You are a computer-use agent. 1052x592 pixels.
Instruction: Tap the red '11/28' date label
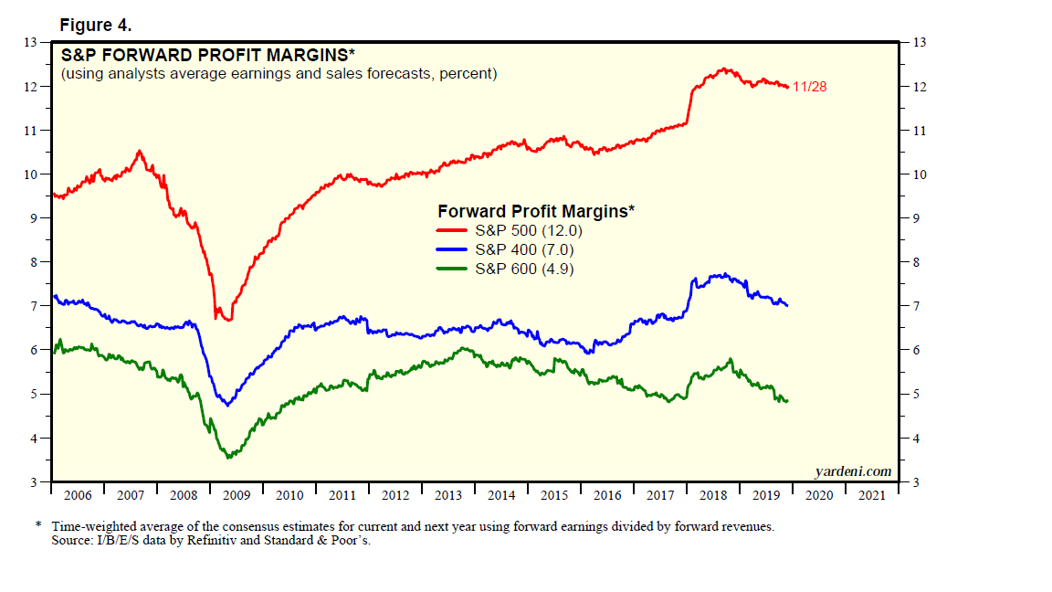(810, 87)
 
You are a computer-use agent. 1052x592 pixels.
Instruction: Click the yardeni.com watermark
(852, 471)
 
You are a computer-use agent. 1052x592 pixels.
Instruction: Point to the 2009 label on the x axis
(237, 495)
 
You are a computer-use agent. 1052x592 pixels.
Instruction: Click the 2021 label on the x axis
(872, 495)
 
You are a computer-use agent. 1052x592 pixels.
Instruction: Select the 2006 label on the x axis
(78, 495)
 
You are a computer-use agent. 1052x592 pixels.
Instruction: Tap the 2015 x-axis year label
(554, 495)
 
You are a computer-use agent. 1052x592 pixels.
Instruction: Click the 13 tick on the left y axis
(30, 42)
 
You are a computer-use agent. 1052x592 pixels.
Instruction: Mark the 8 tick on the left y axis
(34, 262)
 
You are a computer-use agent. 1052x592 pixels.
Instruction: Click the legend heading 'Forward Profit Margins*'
(536, 211)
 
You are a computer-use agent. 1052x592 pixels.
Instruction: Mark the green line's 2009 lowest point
(228, 456)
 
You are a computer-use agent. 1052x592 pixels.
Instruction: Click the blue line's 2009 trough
(226, 404)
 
